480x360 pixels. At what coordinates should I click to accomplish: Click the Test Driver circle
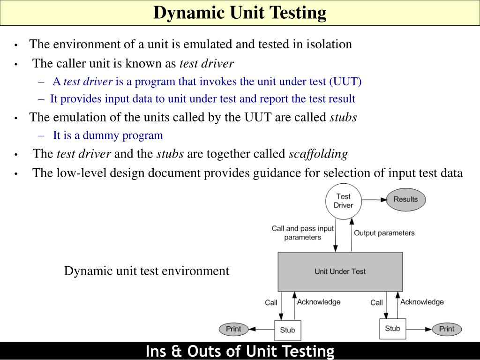point(343,201)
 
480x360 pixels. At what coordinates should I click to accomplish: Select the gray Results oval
point(405,199)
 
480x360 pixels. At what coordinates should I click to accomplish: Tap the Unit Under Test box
point(340,271)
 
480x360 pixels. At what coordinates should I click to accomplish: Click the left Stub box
point(287,330)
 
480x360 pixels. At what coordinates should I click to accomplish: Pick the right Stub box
point(392,329)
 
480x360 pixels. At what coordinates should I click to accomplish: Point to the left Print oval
point(233,329)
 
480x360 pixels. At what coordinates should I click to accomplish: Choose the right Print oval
point(446,329)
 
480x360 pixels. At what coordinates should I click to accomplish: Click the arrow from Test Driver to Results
point(374,200)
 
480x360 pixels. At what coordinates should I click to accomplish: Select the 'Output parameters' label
point(384,233)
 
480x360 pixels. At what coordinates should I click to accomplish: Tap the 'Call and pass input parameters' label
point(303,233)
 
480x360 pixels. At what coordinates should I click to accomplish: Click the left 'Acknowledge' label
point(319,302)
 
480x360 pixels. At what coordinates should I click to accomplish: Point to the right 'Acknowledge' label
point(422,302)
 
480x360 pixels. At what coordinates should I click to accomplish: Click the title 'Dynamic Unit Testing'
point(240,13)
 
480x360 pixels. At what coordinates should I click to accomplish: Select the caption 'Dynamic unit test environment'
point(147,271)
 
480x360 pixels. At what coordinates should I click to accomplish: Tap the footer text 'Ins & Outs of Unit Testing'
point(240,351)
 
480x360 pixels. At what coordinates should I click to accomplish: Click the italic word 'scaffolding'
point(318,154)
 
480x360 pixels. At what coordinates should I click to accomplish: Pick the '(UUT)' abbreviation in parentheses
point(345,81)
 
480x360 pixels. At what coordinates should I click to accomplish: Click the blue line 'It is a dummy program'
point(108,135)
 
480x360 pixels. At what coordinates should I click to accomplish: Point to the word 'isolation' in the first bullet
point(329,45)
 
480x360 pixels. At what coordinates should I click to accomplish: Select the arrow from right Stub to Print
point(419,329)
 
